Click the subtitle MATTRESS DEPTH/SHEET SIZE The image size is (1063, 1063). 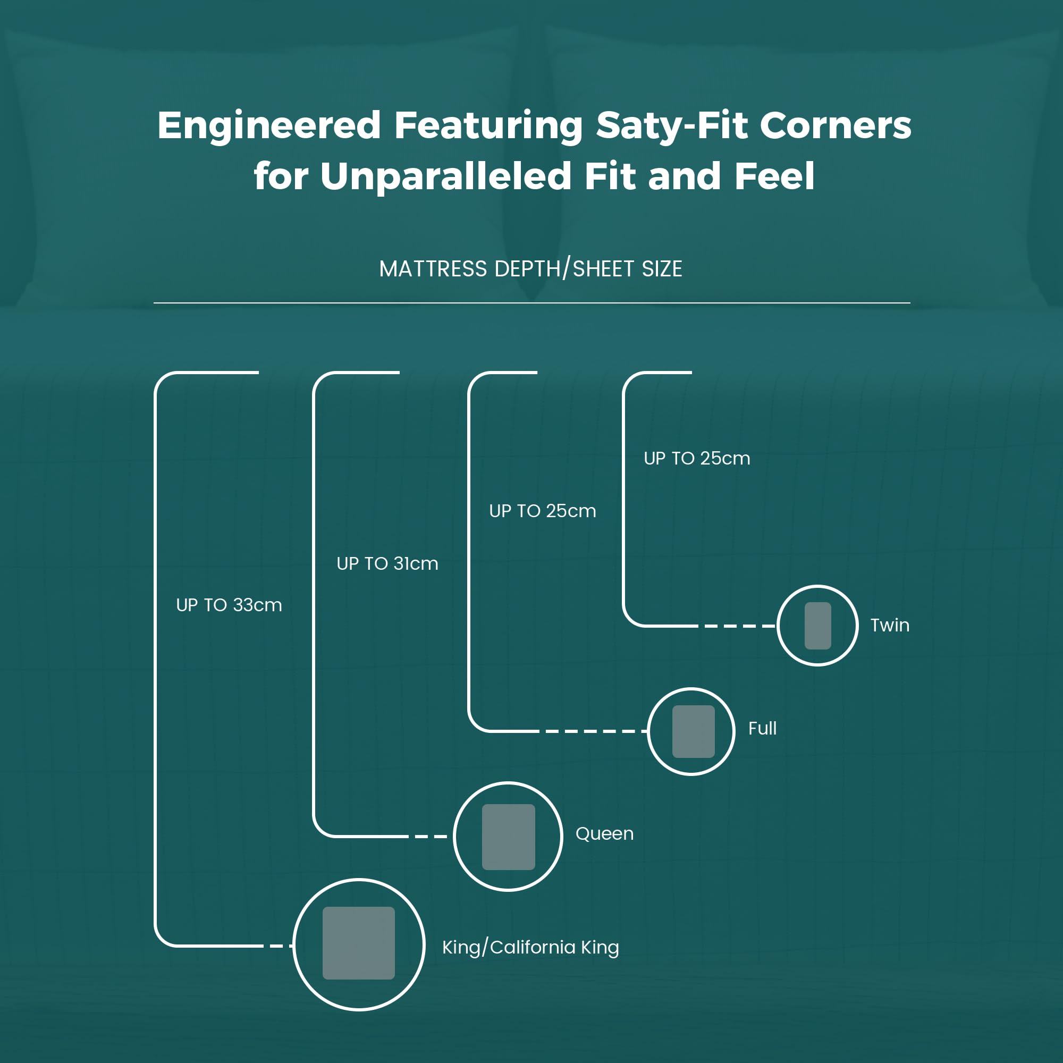531,269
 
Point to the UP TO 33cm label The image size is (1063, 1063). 229,605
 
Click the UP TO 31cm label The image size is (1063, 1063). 387,563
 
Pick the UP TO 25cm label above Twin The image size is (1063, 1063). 697,458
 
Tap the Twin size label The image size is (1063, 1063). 890,625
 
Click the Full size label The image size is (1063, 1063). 763,729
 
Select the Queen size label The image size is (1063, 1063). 605,833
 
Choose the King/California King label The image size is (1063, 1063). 531,947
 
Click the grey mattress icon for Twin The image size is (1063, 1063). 817,626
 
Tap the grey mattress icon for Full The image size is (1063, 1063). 693,731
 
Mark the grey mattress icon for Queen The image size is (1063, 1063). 509,837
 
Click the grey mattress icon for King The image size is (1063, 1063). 359,943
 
